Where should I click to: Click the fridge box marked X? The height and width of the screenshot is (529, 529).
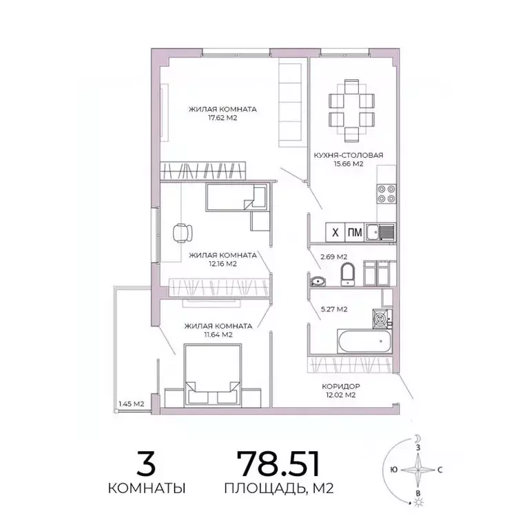(335, 232)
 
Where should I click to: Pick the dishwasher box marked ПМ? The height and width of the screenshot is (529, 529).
(354, 232)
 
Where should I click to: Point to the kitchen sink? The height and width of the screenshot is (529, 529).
(380, 233)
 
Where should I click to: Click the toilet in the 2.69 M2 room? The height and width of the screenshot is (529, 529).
(347, 273)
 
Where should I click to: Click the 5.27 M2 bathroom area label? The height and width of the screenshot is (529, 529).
(333, 309)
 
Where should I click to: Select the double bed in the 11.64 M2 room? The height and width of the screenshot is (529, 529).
(211, 375)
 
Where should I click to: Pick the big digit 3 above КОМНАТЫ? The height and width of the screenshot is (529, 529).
(146, 463)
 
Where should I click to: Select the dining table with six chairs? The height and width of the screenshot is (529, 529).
(351, 109)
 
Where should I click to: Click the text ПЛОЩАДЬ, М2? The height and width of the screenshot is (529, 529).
(279, 490)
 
